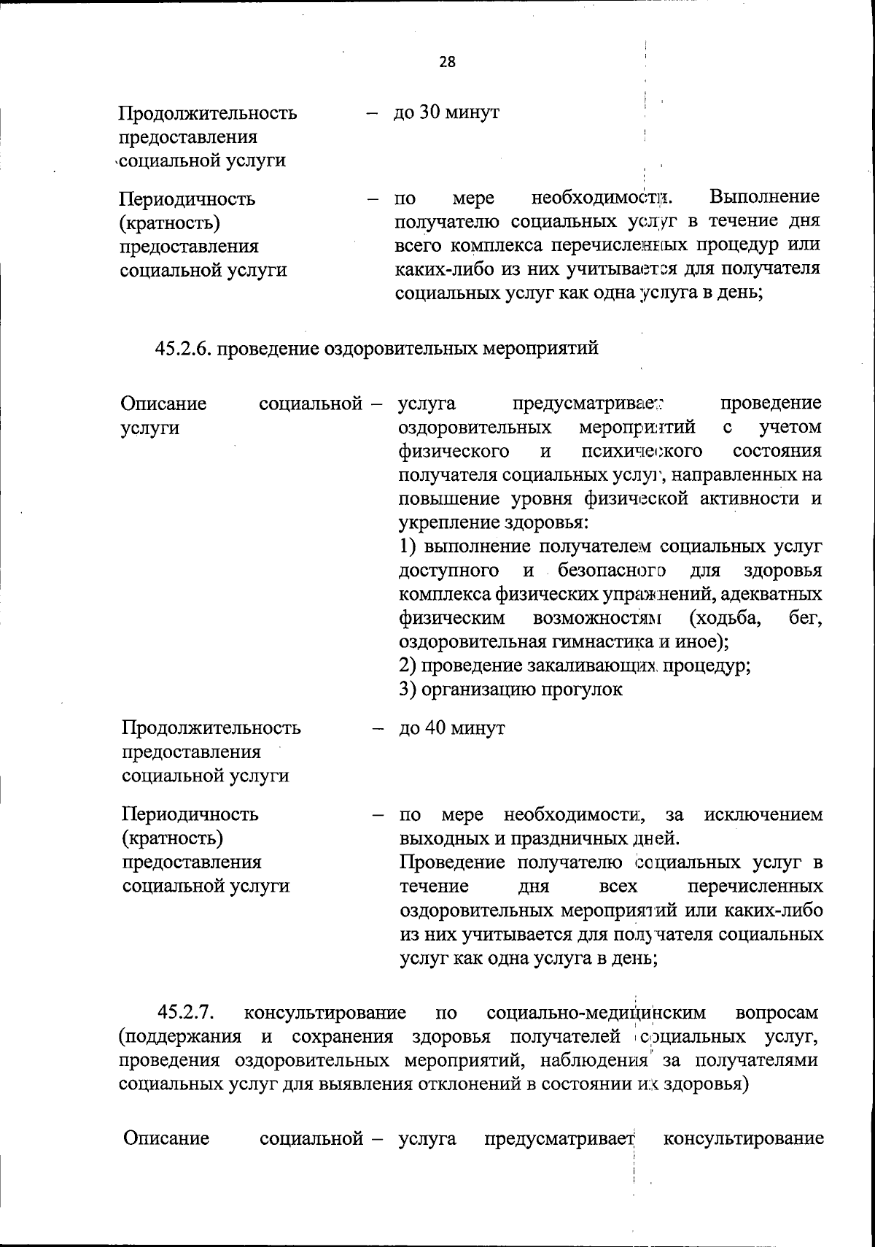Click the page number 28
click(447, 62)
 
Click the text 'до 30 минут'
click(446, 113)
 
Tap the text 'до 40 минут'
click(451, 728)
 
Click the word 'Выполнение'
click(765, 197)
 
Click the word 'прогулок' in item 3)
click(581, 690)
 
